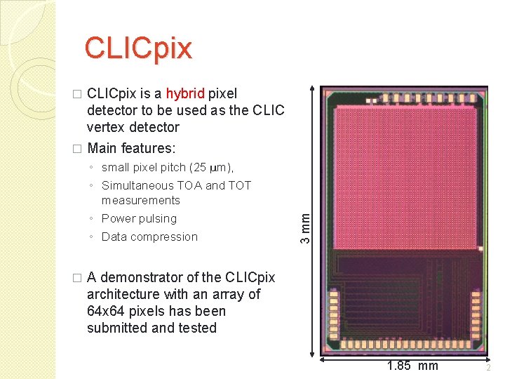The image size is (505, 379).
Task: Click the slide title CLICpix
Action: point(137,48)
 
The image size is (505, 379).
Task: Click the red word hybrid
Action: point(185,93)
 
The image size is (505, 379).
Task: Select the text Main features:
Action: point(131,148)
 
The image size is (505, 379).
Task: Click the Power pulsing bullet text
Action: point(139,218)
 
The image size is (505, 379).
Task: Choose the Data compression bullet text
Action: point(149,237)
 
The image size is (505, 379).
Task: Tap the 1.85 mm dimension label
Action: point(412,366)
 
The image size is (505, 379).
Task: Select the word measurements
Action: point(141,200)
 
